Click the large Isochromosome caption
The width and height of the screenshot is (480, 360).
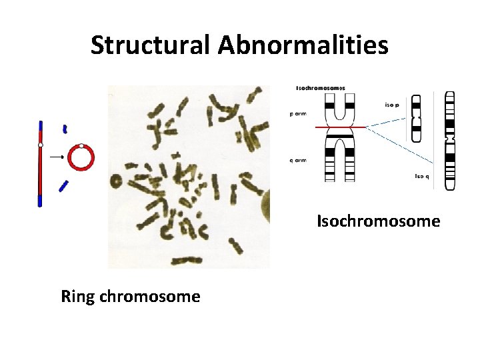(x=378, y=221)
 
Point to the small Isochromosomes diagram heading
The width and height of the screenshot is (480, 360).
(x=321, y=88)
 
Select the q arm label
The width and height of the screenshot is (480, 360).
(x=298, y=160)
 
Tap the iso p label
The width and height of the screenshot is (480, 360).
(x=392, y=105)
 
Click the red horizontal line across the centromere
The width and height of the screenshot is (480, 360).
(x=340, y=127)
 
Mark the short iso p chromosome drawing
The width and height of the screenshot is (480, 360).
(x=417, y=118)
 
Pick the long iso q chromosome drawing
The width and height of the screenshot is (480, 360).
(x=450, y=140)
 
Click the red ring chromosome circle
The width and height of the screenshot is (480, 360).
(x=81, y=157)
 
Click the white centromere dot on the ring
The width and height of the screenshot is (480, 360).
(x=81, y=145)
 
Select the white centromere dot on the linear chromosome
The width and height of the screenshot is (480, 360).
(x=41, y=145)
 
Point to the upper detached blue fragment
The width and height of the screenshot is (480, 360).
(x=65, y=128)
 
